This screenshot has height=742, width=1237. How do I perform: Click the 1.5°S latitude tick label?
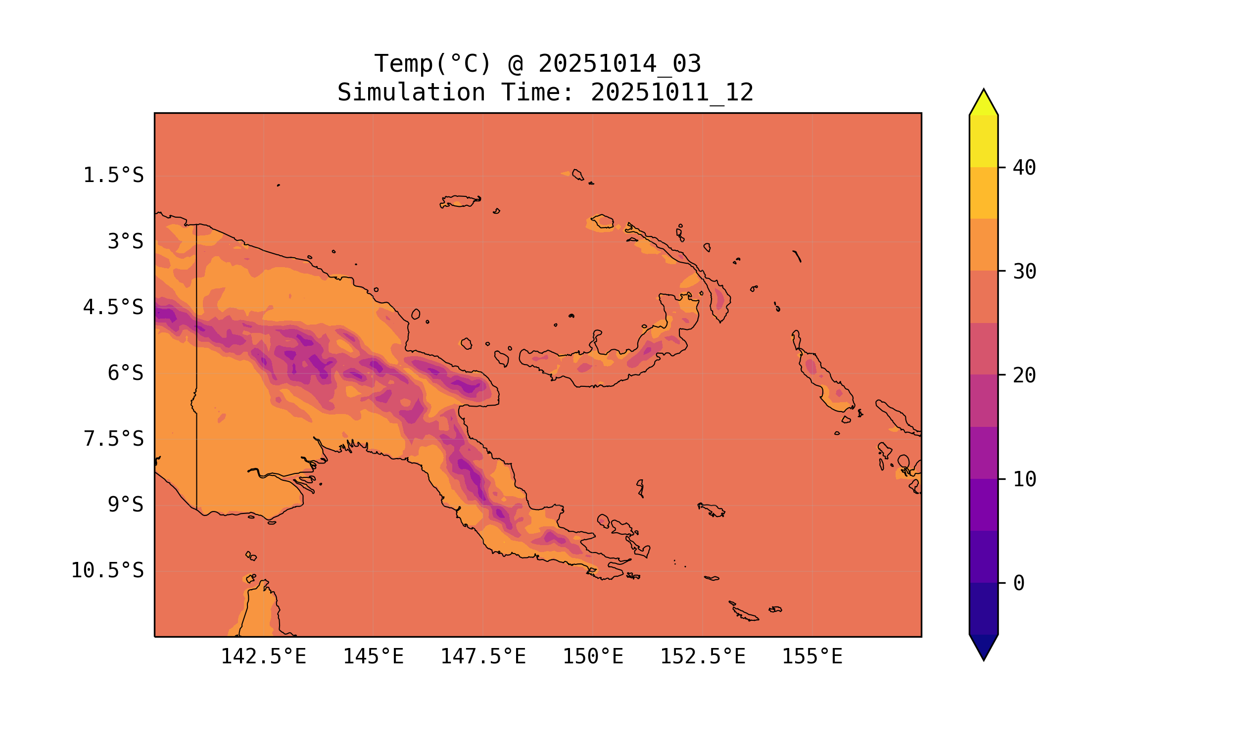(113, 176)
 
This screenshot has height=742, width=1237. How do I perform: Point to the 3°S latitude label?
(126, 241)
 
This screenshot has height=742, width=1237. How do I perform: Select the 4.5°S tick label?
(113, 308)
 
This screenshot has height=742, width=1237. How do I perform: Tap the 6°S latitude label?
(126, 373)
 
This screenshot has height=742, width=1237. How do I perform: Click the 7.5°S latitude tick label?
(113, 439)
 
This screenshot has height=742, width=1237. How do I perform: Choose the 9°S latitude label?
(126, 505)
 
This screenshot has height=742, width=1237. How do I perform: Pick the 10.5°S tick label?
(107, 570)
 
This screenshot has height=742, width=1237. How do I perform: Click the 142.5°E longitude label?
(263, 656)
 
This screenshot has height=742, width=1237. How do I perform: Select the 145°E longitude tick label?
(373, 656)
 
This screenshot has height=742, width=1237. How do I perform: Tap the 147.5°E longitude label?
(483, 656)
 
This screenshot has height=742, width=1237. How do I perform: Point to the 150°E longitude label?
(593, 656)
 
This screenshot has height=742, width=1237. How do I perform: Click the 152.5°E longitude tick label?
(703, 656)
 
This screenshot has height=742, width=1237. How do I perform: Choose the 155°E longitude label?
(812, 656)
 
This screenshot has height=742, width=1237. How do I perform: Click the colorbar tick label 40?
(1024, 168)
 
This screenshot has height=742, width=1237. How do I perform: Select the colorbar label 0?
(1018, 584)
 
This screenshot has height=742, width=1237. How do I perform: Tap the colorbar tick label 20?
(1024, 375)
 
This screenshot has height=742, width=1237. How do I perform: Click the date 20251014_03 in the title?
(619, 64)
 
